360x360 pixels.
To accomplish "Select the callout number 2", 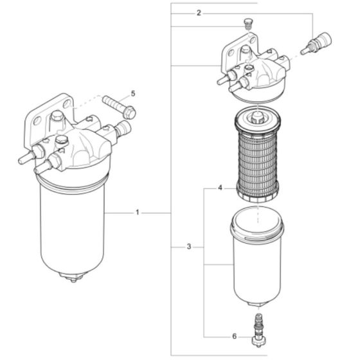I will click(x=199, y=13).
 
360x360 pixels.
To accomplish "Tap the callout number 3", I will click(x=189, y=247).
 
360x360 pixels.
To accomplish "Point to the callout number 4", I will click(x=220, y=188).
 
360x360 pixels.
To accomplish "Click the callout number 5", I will click(x=132, y=93).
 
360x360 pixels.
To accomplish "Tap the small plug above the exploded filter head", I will click(x=248, y=25).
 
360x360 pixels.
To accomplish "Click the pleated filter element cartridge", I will click(x=258, y=154).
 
